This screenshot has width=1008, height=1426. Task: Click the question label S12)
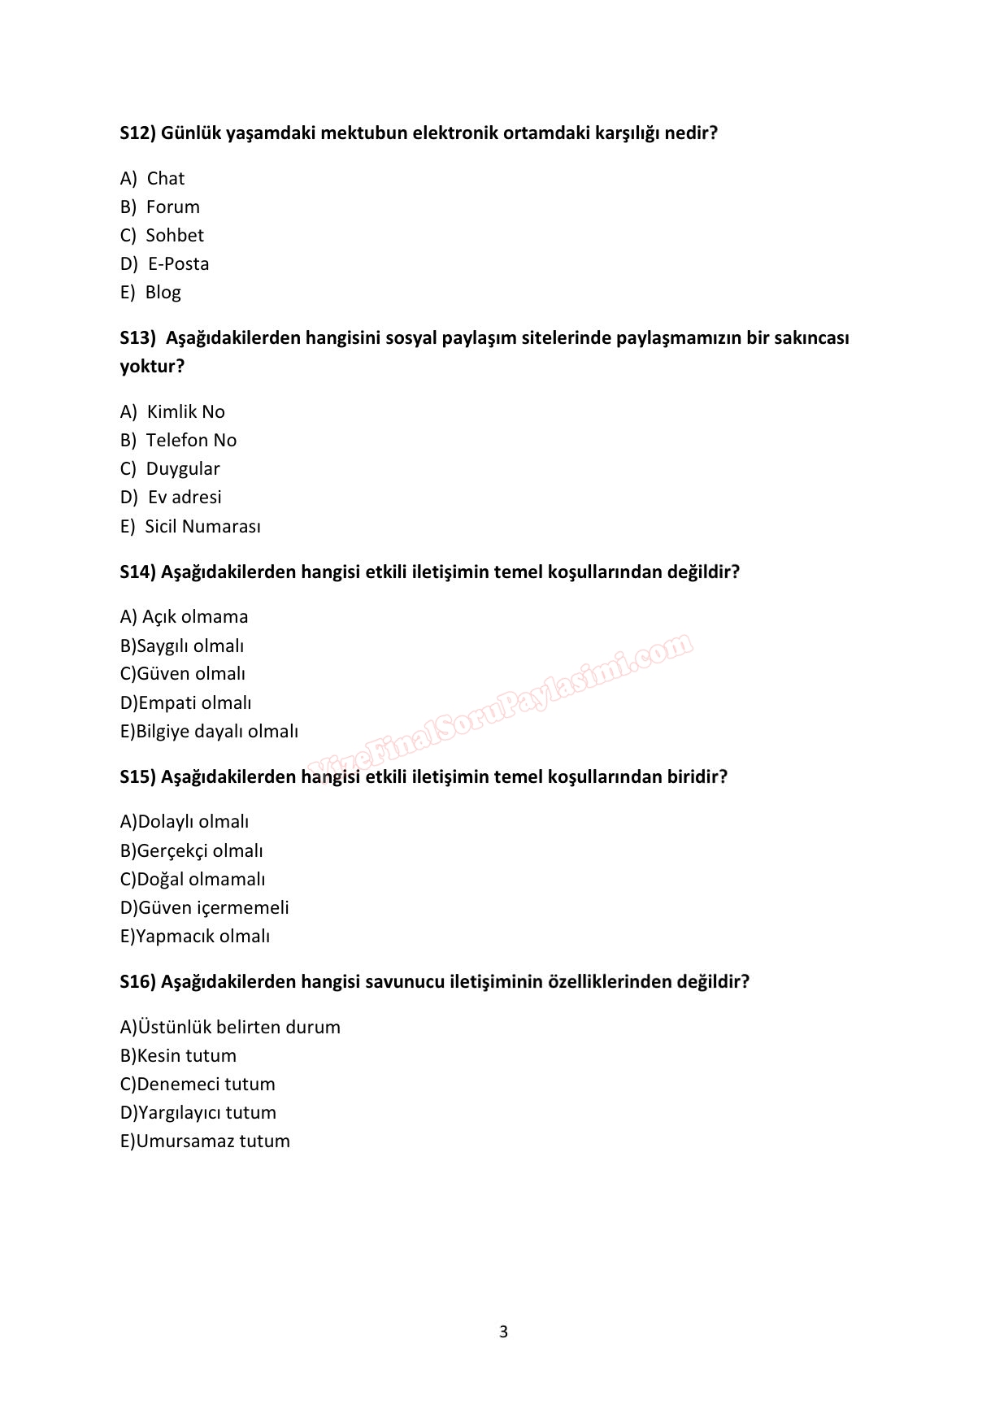[x=137, y=133]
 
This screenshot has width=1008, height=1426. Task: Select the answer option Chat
[x=165, y=178]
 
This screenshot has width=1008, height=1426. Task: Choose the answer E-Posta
[x=178, y=263]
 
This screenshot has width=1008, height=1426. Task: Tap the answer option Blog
[x=163, y=292]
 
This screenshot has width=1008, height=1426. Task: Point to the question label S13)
[x=137, y=337]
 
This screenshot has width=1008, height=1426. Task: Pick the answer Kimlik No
[x=185, y=411]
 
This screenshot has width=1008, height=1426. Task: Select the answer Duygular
[x=182, y=468]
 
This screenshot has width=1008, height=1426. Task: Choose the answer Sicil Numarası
[x=202, y=526]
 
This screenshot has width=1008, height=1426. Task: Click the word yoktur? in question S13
[x=152, y=366]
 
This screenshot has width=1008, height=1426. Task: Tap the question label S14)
[x=137, y=572]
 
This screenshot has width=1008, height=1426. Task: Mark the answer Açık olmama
[x=195, y=616]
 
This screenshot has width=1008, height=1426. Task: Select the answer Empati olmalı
[x=194, y=702]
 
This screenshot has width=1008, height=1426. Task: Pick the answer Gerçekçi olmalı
[x=200, y=850]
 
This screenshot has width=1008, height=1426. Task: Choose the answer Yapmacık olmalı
[x=202, y=936]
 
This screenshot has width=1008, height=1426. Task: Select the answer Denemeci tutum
[x=206, y=1084]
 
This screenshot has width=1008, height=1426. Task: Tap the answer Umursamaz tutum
[x=212, y=1141]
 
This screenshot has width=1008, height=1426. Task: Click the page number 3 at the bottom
[x=503, y=1332]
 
